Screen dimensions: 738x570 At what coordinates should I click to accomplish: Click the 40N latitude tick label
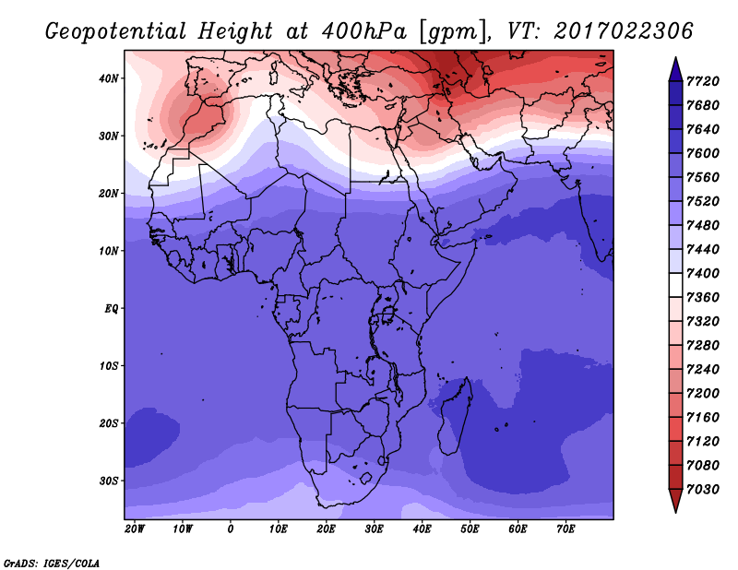(x=108, y=78)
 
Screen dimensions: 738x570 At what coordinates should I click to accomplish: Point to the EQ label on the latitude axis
(x=111, y=309)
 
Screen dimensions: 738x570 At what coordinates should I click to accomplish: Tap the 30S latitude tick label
(x=108, y=481)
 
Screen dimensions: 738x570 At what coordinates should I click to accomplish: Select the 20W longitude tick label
(x=135, y=529)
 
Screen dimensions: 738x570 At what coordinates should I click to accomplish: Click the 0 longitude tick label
(x=230, y=529)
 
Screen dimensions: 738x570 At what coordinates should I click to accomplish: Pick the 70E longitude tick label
(x=565, y=529)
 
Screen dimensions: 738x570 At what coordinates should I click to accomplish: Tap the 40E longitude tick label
(x=422, y=529)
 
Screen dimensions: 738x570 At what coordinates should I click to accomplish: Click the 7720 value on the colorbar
(x=703, y=81)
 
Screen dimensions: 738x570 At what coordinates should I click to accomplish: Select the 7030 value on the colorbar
(x=703, y=490)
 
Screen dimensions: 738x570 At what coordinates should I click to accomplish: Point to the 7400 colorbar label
(x=703, y=273)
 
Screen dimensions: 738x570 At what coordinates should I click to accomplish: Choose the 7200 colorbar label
(x=703, y=394)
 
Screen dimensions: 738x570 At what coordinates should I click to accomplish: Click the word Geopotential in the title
(x=116, y=32)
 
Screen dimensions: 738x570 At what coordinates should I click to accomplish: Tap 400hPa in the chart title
(x=363, y=31)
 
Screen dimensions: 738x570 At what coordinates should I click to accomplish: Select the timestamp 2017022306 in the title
(x=624, y=31)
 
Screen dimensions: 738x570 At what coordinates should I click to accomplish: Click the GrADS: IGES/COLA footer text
(x=52, y=564)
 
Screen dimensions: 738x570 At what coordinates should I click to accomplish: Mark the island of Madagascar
(x=455, y=417)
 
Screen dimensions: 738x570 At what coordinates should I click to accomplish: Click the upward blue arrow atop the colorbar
(x=675, y=69)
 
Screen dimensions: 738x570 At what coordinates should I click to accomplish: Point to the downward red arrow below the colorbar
(x=675, y=501)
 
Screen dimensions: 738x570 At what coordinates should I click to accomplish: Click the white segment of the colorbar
(x=675, y=285)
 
